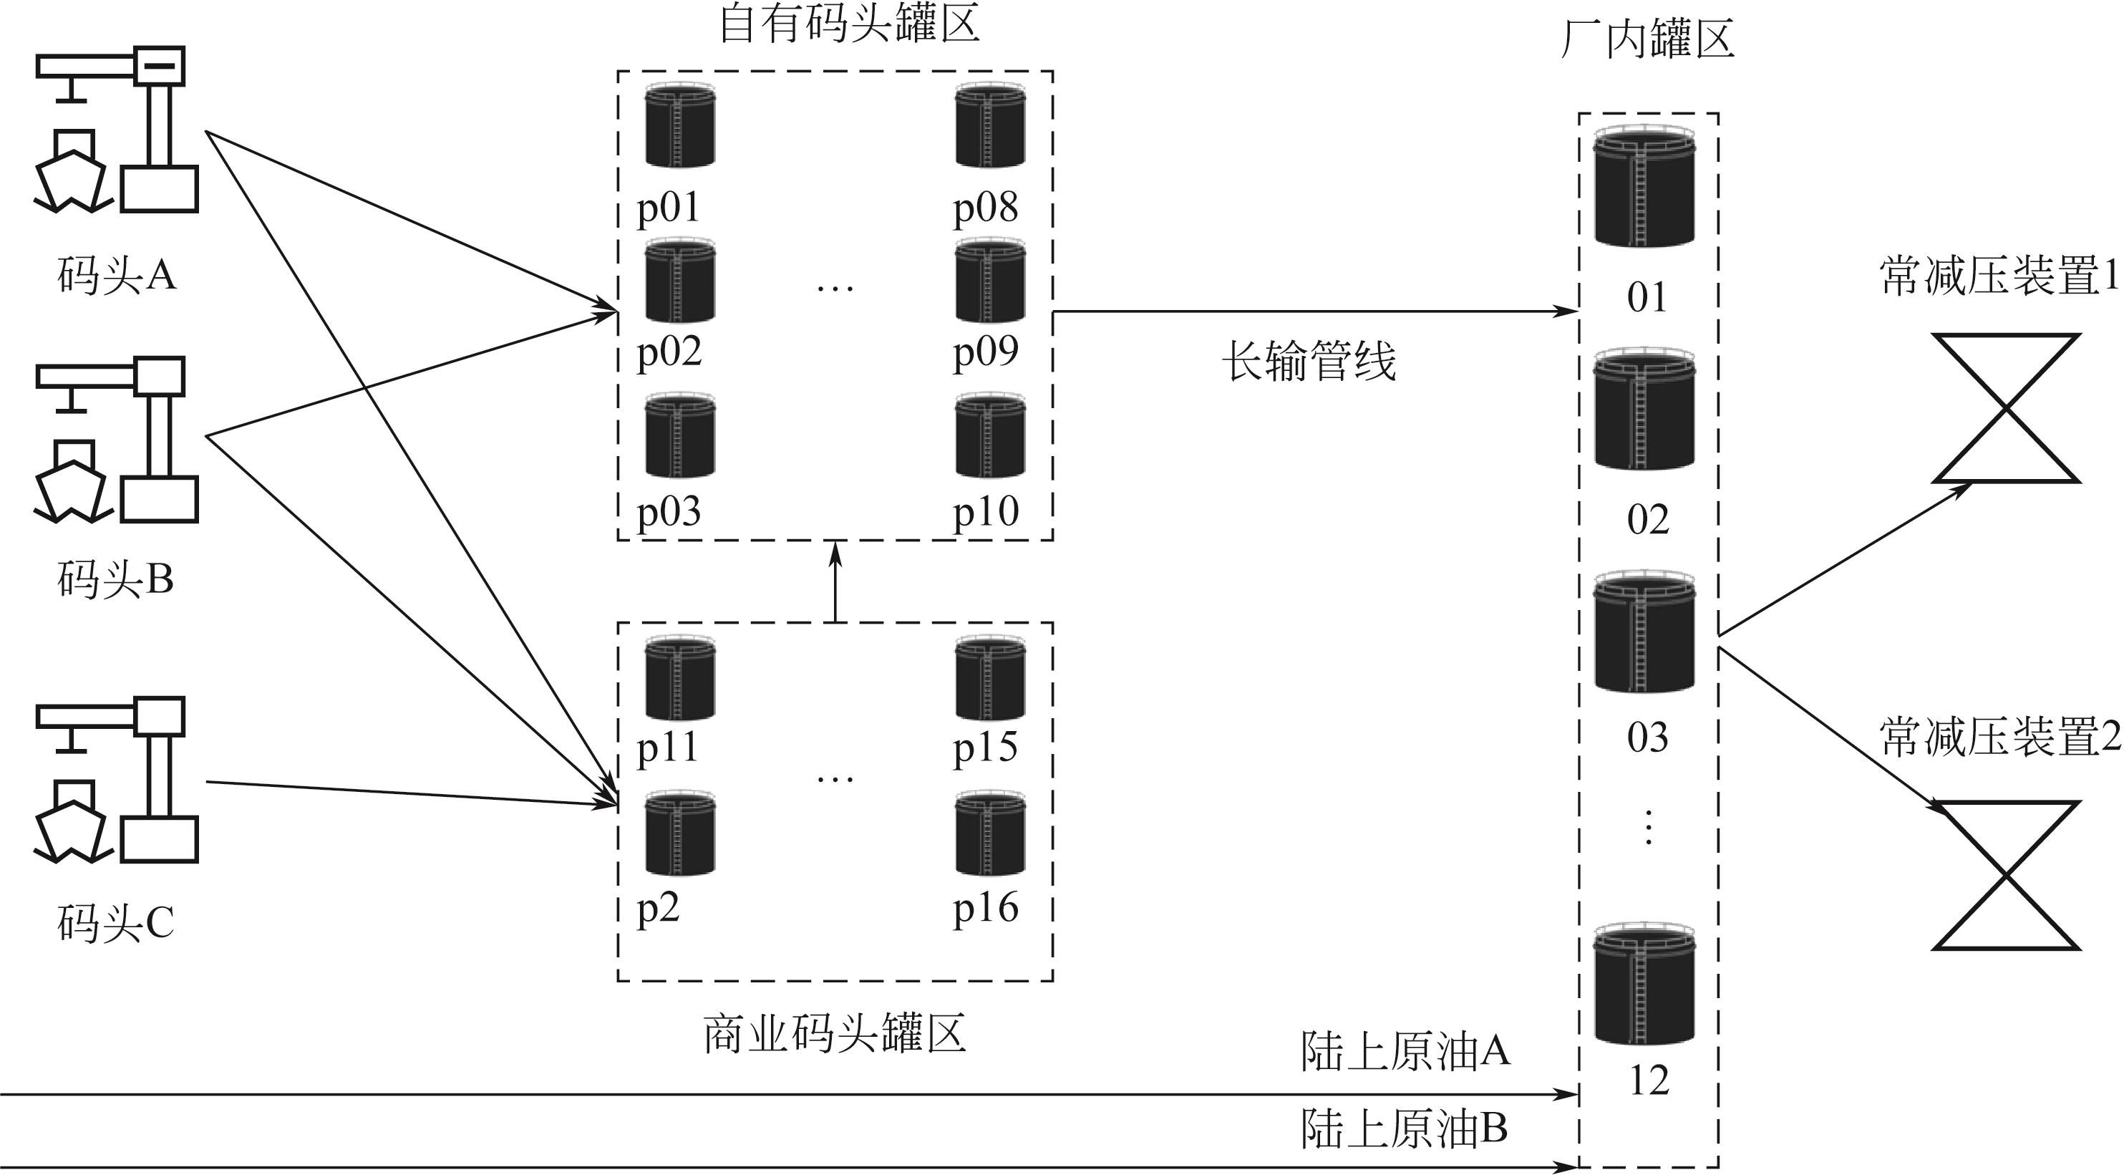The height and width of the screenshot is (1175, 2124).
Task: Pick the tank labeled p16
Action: coord(989,833)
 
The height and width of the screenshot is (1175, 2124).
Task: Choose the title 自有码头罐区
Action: coord(849,23)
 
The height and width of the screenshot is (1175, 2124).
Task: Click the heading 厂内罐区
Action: coord(1647,39)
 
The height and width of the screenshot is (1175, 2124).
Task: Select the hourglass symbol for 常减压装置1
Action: coord(2005,407)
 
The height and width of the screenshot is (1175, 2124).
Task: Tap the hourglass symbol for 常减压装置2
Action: coord(2005,876)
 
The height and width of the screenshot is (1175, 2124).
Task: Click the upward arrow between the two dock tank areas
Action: coord(836,581)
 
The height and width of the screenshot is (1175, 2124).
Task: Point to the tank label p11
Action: coord(667,748)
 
